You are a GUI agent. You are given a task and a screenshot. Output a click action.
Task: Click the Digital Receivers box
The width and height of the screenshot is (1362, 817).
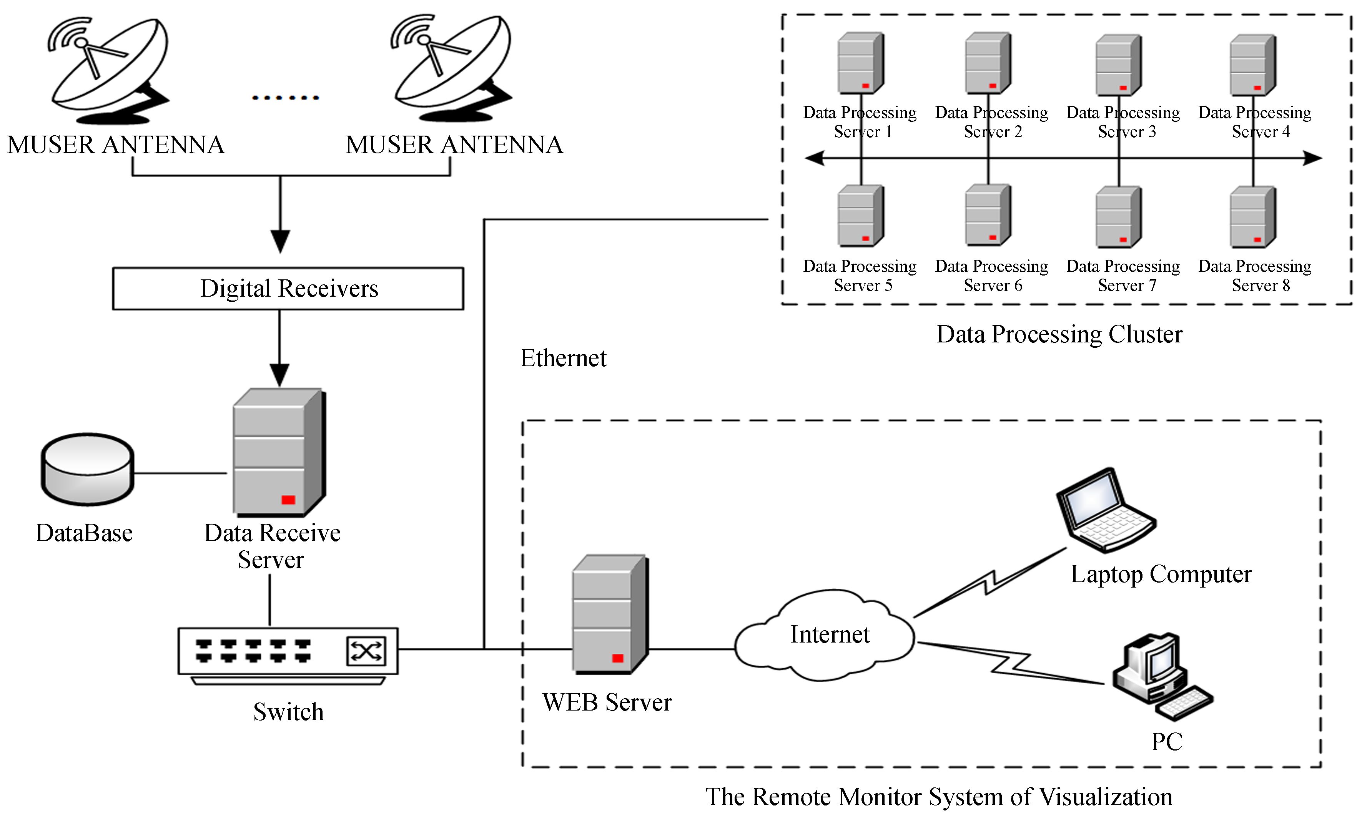coord(288,289)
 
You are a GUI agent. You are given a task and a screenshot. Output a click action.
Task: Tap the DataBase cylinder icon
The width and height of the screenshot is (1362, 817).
coord(87,469)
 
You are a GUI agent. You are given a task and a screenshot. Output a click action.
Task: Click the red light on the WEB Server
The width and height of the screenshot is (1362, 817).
coord(617,658)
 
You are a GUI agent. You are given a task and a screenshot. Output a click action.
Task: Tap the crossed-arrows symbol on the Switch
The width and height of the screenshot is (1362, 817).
coord(366,652)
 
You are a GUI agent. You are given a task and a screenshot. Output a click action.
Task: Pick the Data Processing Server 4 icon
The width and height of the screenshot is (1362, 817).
coord(1253,65)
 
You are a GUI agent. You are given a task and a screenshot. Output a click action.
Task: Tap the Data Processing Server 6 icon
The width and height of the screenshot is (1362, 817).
coord(988,215)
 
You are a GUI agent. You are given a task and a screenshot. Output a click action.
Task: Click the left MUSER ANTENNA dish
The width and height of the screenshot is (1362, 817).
coord(110,69)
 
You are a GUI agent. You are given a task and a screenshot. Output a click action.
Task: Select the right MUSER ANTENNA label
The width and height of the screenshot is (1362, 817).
coord(454,145)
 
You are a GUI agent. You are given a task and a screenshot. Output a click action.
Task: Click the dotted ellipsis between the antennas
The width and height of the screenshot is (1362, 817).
coord(285,98)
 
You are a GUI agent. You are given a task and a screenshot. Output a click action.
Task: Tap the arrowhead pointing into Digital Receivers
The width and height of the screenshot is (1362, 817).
coord(280,241)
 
